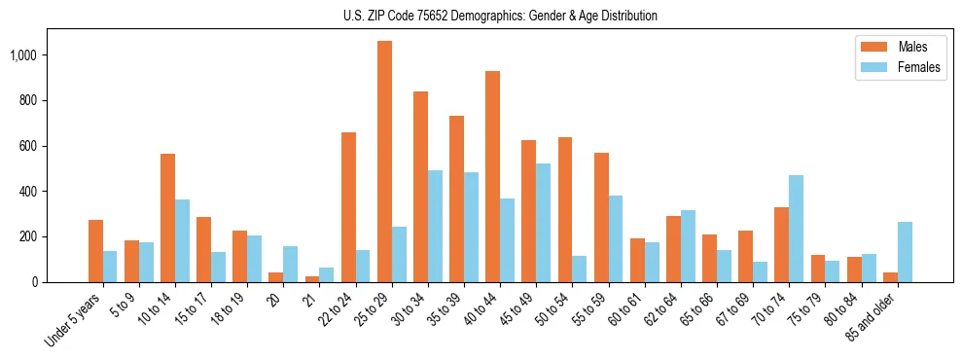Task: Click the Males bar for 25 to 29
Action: (384, 162)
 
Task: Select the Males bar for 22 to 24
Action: (348, 207)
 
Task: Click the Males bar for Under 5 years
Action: (95, 251)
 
